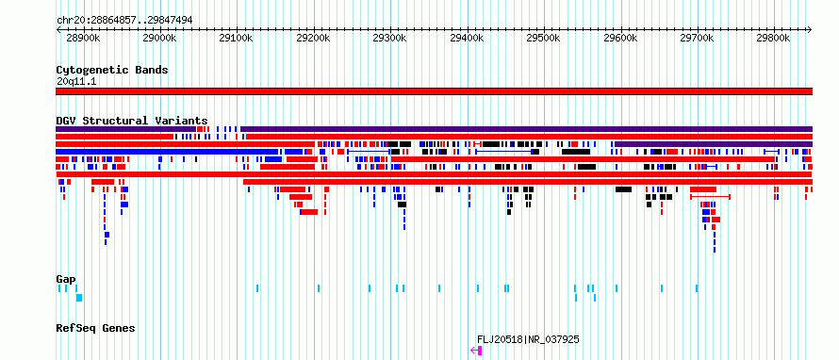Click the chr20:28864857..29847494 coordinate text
[124, 21]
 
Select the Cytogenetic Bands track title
[112, 70]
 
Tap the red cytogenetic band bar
[434, 91]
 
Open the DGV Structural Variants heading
[132, 121]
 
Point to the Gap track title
[66, 279]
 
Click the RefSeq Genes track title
[95, 328]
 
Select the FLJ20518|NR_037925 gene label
[528, 339]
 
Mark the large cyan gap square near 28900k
[79, 298]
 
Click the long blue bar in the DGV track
[167, 152]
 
